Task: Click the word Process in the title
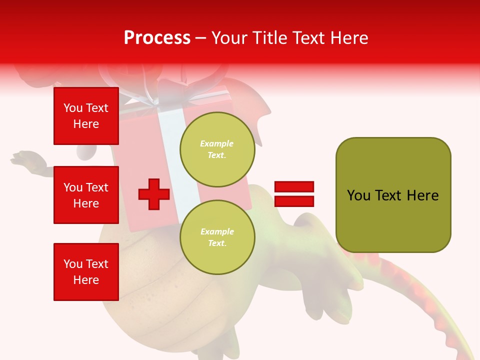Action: (157, 38)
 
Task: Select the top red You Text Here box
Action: (86, 116)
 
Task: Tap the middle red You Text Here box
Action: (86, 195)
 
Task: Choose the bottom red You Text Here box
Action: (86, 272)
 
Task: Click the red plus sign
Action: (154, 194)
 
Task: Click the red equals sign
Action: (294, 194)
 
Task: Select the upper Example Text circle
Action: (217, 149)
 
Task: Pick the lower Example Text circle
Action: (217, 237)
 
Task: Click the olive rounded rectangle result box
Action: (393, 195)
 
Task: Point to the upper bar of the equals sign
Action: (294, 186)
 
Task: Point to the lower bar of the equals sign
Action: (294, 201)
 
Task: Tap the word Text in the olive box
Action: (389, 195)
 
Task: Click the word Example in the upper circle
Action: (216, 143)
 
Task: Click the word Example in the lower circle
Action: (217, 231)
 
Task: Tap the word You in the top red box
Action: (73, 108)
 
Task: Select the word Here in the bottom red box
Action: (86, 280)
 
